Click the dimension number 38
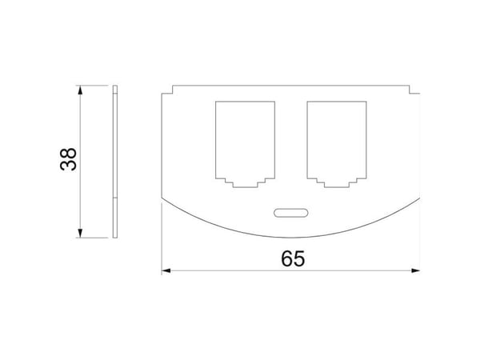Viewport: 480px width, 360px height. tap(68, 159)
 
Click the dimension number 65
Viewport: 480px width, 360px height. tap(293, 258)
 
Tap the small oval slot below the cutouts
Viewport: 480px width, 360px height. tap(290, 213)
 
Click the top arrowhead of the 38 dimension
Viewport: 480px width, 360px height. tap(80, 90)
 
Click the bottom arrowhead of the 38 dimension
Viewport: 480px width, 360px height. tap(80, 233)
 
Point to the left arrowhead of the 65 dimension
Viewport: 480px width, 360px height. tap(166, 270)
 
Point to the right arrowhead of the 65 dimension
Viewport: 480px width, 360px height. tap(415, 270)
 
